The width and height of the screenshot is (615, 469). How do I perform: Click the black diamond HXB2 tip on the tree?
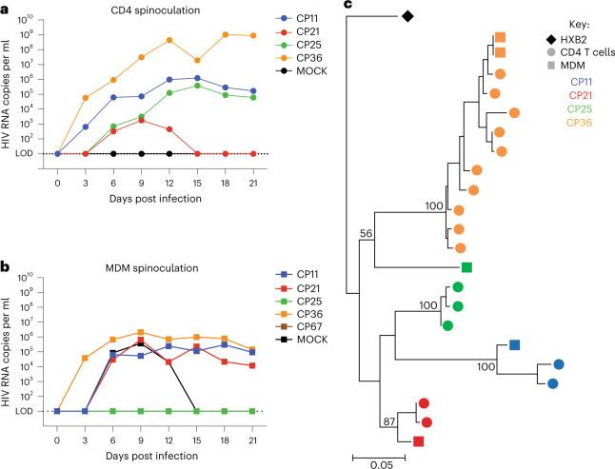(407, 16)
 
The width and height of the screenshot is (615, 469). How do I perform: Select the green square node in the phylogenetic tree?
(466, 268)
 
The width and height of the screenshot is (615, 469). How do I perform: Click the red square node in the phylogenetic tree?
(418, 440)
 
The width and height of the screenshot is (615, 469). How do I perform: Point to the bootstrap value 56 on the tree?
(366, 231)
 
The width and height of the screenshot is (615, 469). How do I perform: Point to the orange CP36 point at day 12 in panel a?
(169, 40)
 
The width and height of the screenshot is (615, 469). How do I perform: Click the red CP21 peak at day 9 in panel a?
(141, 121)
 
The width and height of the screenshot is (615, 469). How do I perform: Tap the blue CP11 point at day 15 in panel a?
(197, 78)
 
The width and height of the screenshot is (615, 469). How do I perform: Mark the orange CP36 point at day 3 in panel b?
(86, 358)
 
